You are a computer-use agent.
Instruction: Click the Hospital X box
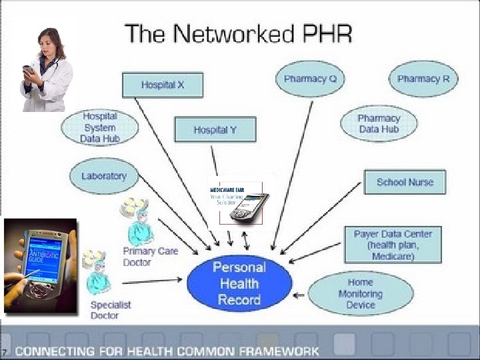click(x=162, y=85)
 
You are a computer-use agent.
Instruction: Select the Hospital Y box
click(x=215, y=129)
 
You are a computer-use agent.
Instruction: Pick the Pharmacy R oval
click(x=423, y=79)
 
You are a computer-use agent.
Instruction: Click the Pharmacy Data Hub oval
click(x=379, y=123)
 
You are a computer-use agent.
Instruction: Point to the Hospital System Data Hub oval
click(x=99, y=127)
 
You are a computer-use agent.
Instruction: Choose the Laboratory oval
click(x=103, y=176)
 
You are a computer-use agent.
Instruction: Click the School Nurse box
click(x=404, y=182)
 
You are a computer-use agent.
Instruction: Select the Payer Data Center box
click(x=393, y=245)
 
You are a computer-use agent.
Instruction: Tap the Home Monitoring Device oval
click(x=360, y=293)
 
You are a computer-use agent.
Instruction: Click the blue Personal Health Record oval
click(x=239, y=283)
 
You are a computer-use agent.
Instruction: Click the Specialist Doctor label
click(x=111, y=309)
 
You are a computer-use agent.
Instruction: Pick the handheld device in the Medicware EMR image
click(x=248, y=207)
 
